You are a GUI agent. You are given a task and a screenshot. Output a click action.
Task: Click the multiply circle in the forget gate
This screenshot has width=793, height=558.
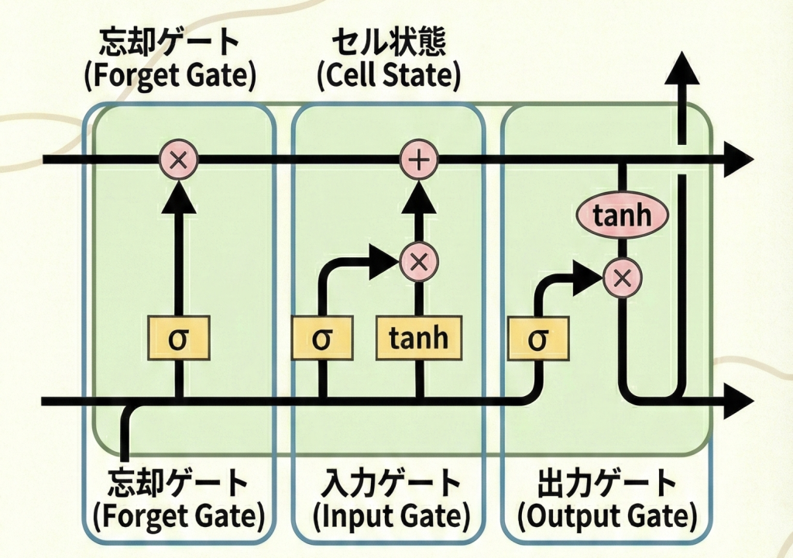click(x=179, y=160)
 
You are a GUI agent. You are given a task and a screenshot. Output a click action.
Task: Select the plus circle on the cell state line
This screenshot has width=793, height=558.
click(x=418, y=160)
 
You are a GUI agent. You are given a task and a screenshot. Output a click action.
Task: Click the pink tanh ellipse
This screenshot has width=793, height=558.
click(x=622, y=215)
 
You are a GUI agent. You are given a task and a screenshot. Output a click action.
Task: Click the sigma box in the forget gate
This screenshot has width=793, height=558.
click(x=179, y=339)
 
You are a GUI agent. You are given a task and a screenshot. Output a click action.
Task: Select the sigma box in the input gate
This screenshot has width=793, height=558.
click(x=322, y=339)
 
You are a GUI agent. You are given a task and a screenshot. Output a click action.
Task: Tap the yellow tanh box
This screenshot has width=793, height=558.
click(x=418, y=339)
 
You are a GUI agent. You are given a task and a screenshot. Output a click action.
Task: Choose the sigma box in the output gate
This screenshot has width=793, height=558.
click(x=537, y=339)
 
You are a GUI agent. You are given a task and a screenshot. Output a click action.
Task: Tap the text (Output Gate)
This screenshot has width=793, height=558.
click(x=606, y=515)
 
